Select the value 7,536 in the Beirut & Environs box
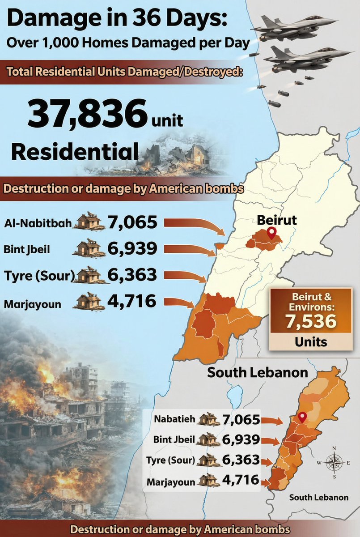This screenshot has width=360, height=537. [x=310, y=321]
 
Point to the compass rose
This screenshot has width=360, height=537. [x=334, y=461]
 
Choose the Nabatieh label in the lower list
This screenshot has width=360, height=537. [x=174, y=419]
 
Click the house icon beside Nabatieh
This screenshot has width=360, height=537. [x=209, y=420]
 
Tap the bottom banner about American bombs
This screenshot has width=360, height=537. [x=180, y=528]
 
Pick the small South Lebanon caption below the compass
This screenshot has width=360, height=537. [x=318, y=497]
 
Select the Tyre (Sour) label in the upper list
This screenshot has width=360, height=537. [x=38, y=276]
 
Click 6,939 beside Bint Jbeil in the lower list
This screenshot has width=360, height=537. [x=241, y=439]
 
